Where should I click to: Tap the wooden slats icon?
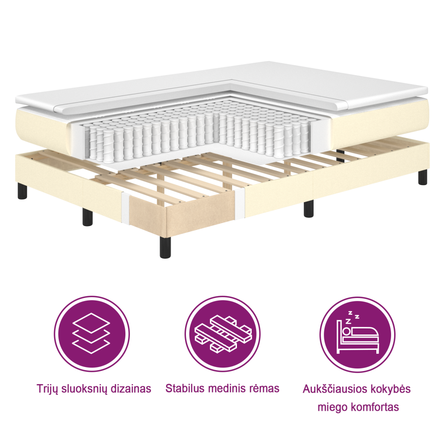(x=223, y=334)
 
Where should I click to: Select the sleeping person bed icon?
(x=357, y=334)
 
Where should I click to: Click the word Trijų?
(x=48, y=389)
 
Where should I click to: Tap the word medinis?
(x=227, y=388)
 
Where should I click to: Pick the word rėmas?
(x=265, y=388)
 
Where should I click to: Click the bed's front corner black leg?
(x=165, y=247)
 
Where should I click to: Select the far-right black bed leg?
(x=422, y=176)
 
